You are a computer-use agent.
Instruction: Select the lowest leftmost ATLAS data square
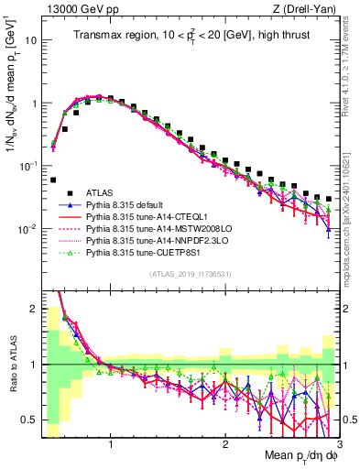point(53,180)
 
